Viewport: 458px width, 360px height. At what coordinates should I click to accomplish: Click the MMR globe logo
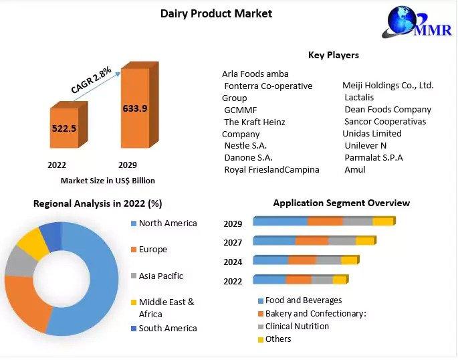[x=417, y=22]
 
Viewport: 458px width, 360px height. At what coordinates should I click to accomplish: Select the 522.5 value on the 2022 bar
[x=64, y=128]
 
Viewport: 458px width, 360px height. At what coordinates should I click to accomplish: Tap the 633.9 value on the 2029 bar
[x=135, y=108]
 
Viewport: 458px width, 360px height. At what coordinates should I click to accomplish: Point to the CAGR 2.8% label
[x=91, y=80]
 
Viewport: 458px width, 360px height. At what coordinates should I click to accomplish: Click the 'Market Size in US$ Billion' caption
[x=108, y=181]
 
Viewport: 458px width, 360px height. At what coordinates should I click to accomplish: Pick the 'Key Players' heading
[x=334, y=55]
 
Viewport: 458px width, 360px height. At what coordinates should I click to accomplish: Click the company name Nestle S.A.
[x=245, y=145]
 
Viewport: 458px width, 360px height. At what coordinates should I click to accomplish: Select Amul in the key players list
[x=355, y=169]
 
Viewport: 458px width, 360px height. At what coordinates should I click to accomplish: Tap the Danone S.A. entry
[x=248, y=158]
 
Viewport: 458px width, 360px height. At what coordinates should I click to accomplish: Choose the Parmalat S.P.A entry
[x=374, y=157]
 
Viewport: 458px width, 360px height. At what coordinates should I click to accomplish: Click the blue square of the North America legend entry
[x=134, y=224]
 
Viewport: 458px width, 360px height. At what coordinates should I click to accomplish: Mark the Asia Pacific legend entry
[x=157, y=276]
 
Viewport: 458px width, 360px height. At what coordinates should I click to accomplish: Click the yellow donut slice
[x=33, y=243]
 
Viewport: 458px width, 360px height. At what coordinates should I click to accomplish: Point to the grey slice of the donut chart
[x=19, y=262]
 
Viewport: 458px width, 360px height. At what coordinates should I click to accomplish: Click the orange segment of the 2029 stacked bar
[x=325, y=221]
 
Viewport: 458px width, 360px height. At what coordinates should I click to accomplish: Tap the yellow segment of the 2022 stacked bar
[x=340, y=280]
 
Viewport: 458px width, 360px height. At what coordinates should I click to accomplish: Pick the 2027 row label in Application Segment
[x=233, y=242]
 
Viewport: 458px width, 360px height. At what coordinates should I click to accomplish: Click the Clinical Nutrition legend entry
[x=294, y=326]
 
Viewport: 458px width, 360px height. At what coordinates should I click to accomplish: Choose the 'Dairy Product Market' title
[x=216, y=14]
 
